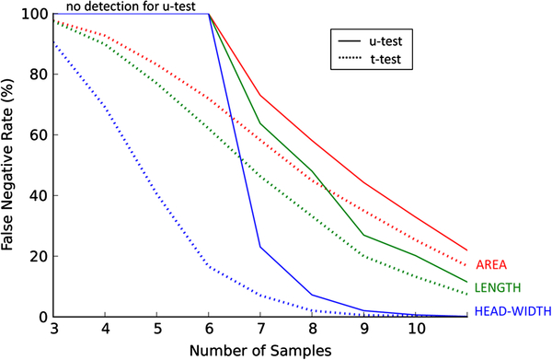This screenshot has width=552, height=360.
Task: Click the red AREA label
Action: [x=491, y=264]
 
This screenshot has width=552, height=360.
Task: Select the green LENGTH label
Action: [x=498, y=288]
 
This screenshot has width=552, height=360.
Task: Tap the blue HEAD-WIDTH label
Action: [x=513, y=311]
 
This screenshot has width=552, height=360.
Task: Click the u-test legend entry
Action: [x=370, y=41]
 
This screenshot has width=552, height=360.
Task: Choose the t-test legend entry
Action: [x=369, y=59]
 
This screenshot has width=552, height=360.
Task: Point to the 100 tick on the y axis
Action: [x=35, y=14]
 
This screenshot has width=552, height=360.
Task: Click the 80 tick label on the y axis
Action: [x=39, y=75]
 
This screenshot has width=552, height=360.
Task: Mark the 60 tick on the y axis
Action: [x=39, y=135]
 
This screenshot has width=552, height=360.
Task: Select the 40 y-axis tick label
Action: [x=39, y=195]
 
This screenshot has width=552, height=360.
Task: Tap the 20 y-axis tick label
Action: [x=39, y=256]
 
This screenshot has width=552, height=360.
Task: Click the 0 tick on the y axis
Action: [x=43, y=317]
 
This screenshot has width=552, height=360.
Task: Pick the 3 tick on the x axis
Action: [x=54, y=329]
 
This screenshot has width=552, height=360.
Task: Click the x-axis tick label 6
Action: [x=209, y=329]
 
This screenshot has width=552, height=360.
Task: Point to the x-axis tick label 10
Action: [x=417, y=329]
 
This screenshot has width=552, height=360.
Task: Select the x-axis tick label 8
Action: [x=312, y=329]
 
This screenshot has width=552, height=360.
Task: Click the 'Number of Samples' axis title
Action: [x=260, y=351]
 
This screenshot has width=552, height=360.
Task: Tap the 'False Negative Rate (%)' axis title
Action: [x=7, y=165]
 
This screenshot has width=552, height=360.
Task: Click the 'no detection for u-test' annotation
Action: [x=131, y=6]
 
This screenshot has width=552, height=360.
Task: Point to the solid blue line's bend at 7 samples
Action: [x=260, y=247]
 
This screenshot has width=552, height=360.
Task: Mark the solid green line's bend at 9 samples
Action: [x=363, y=235]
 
